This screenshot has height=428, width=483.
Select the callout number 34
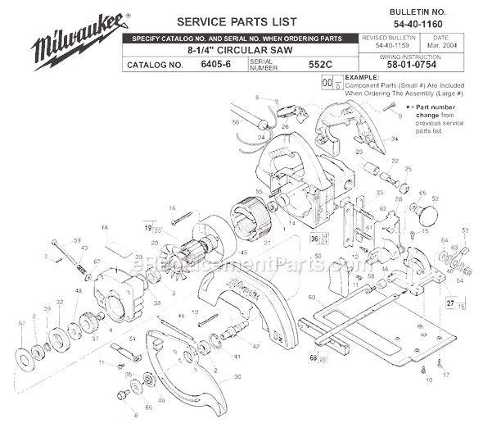394,139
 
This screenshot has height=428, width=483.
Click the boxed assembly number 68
314,357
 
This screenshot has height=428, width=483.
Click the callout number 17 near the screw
446,375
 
